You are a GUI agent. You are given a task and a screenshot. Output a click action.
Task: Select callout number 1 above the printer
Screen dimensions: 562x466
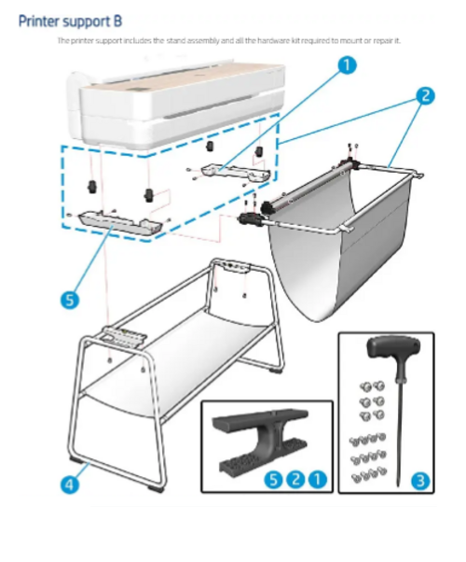coord(345,64)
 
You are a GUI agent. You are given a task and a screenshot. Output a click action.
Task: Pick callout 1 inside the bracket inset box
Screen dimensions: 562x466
coord(318,479)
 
